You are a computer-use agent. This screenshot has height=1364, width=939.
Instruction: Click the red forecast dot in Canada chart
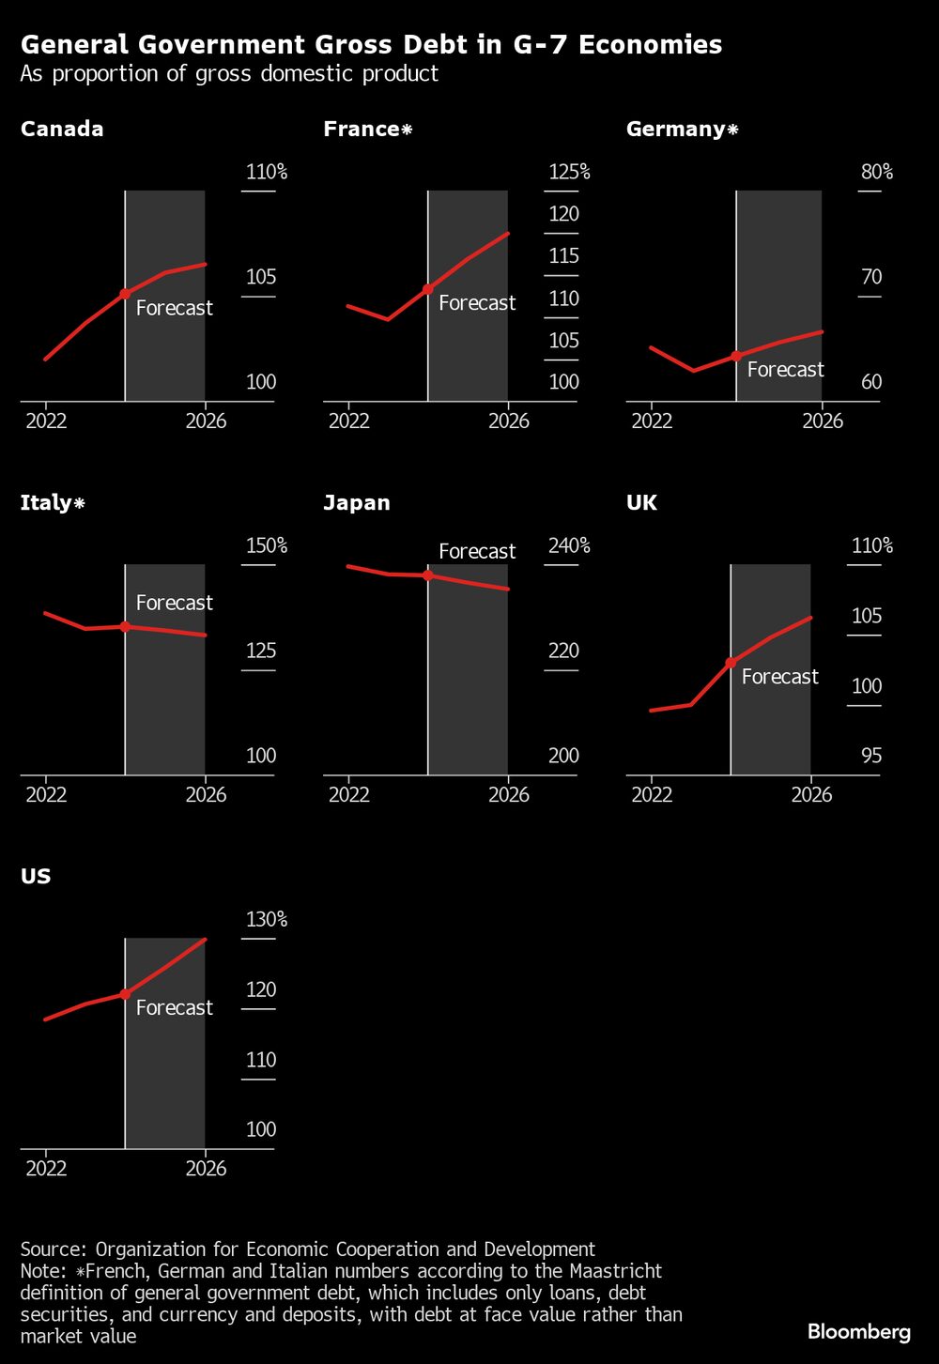tap(125, 294)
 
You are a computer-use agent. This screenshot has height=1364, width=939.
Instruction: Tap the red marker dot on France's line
tap(428, 289)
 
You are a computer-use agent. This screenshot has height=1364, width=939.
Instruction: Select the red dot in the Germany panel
tap(736, 356)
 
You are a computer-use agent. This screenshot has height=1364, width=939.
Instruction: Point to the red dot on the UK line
tap(731, 663)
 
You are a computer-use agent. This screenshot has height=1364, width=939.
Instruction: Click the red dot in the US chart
tap(125, 994)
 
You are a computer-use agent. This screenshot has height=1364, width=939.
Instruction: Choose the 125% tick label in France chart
tap(569, 172)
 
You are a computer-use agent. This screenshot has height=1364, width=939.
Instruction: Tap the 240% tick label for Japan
tap(569, 545)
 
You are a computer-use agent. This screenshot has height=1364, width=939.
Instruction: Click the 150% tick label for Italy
tap(267, 545)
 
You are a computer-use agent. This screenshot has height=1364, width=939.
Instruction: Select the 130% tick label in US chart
tap(267, 919)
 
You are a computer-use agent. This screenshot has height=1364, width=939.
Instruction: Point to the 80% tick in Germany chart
tap(876, 172)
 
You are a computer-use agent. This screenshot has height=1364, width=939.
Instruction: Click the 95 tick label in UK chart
tap(871, 756)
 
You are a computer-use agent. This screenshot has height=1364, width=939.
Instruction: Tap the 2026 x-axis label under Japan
tap(509, 795)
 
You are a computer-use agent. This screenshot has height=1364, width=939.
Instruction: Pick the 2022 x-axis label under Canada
tap(46, 421)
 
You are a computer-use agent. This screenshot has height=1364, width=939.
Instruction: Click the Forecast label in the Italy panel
tap(175, 603)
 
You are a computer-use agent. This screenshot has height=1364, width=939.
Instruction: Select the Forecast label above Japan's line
tap(477, 551)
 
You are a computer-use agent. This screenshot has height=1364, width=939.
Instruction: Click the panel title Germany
tap(676, 130)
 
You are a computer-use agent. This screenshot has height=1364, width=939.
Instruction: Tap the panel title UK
tap(642, 503)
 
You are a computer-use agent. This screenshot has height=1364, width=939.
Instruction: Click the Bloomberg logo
tap(859, 1332)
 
